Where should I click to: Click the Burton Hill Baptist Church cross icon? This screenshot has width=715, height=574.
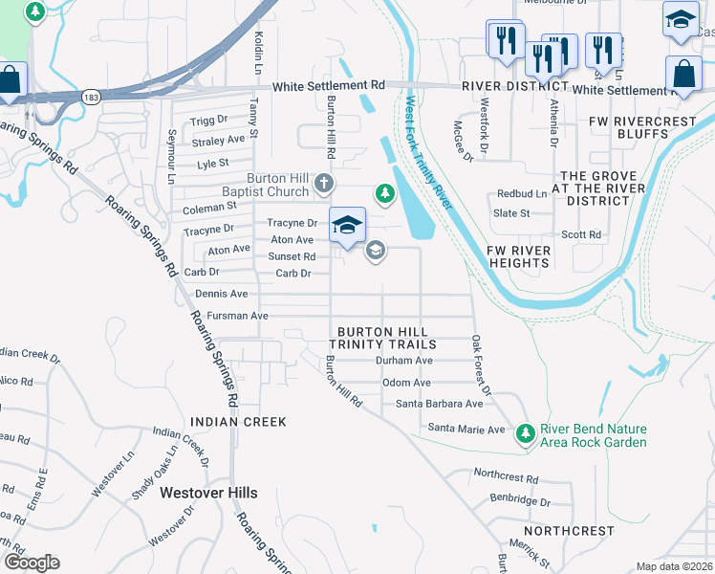pyautogui.click(x=324, y=182)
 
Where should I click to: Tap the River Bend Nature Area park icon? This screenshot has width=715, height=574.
pyautogui.click(x=525, y=434)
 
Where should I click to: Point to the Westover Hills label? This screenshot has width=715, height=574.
pyautogui.click(x=208, y=493)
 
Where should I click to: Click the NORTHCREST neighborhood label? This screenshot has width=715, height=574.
pyautogui.click(x=569, y=530)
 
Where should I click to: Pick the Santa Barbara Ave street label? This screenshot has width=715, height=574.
pyautogui.click(x=440, y=404)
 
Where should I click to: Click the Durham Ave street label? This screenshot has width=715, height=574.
pyautogui.click(x=404, y=361)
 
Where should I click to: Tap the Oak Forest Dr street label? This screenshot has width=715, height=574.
pyautogui.click(x=480, y=365)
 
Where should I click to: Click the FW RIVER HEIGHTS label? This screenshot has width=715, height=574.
pyautogui.click(x=519, y=256)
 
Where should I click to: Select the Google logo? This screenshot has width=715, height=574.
pyautogui.click(x=32, y=563)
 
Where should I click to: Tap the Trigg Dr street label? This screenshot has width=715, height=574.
pyautogui.click(x=208, y=121)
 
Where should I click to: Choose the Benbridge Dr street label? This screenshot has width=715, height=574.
pyautogui.click(x=520, y=500)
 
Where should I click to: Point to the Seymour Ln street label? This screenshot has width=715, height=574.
pyautogui.click(x=171, y=157)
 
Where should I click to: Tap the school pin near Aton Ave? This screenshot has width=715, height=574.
pyautogui.click(x=347, y=226)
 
